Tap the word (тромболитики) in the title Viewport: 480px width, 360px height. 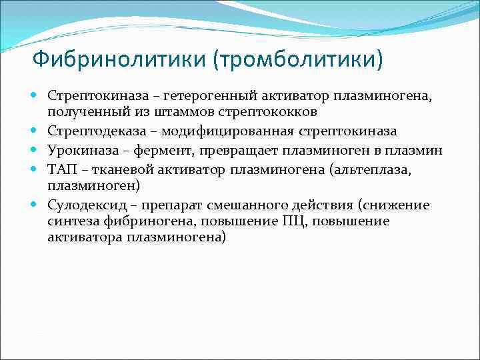click(298, 61)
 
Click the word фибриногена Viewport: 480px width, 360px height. click(135, 221)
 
